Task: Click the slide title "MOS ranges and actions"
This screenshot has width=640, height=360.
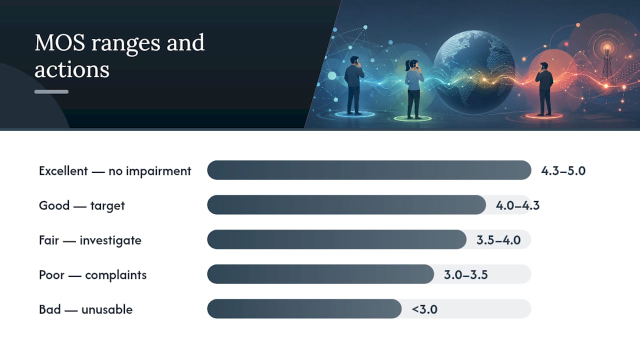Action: [119, 55]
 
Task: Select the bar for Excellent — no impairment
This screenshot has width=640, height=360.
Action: [369, 170]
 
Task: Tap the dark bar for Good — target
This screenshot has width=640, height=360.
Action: [346, 205]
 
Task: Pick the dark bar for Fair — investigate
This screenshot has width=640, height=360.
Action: [336, 239]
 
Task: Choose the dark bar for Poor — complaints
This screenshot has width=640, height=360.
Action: [320, 274]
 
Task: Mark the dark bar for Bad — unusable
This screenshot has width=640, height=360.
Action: [304, 309]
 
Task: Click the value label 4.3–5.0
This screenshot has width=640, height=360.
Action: [563, 170]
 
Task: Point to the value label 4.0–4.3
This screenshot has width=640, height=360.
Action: [517, 205]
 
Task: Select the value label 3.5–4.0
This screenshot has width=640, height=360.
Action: [498, 240]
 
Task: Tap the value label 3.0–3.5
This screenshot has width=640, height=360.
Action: [465, 275]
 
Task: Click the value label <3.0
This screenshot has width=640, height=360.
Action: [424, 309]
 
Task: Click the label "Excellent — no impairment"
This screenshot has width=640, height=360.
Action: [115, 171]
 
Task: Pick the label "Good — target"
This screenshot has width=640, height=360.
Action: [81, 205]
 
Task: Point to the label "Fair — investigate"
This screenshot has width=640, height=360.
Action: [90, 240]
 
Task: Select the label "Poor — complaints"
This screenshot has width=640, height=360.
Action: [92, 275]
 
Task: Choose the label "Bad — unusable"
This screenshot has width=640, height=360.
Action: [85, 309]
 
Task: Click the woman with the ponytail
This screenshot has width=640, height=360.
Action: [413, 89]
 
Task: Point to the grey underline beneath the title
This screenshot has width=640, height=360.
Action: [51, 91]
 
